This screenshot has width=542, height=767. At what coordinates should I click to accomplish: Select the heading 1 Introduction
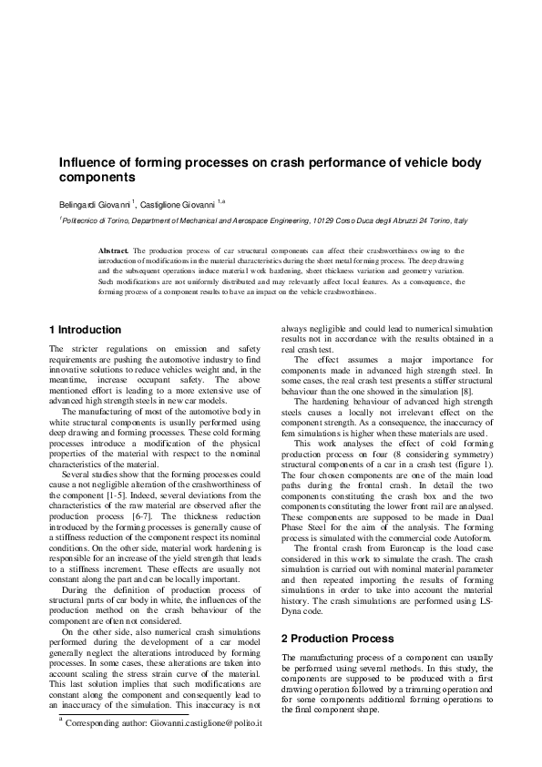[x=85, y=330]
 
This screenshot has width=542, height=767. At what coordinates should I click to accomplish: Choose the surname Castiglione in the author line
[x=167, y=204]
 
